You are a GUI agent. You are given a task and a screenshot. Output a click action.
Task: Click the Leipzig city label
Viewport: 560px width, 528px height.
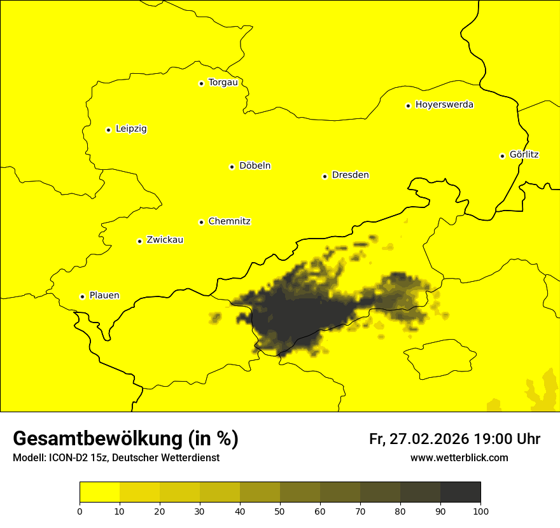tap(131, 129)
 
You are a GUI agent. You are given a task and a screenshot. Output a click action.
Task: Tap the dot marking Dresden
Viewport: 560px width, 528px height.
tap(325, 176)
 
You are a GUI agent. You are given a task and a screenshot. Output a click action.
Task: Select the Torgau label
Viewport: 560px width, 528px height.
tap(223, 83)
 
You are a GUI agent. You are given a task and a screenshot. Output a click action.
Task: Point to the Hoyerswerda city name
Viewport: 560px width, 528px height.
tap(444, 105)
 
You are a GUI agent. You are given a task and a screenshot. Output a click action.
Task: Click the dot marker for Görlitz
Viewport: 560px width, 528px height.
tap(502, 156)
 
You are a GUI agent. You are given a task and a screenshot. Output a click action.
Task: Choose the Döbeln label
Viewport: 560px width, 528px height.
tap(255, 166)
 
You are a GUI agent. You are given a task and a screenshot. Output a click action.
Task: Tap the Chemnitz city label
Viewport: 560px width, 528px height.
tap(229, 221)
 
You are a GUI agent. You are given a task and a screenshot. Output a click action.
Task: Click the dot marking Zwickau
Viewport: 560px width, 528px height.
tap(139, 241)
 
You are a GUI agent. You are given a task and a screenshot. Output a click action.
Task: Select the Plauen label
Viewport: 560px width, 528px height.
tap(104, 296)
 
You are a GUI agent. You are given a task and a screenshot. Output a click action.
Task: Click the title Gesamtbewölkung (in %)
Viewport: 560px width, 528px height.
tap(125, 439)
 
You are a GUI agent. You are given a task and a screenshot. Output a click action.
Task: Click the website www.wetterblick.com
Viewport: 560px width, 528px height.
tap(459, 458)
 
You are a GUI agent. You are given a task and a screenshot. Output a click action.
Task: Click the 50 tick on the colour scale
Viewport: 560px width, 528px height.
tap(280, 511)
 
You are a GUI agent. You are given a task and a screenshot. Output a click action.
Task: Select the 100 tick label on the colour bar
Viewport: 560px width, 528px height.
tap(480, 511)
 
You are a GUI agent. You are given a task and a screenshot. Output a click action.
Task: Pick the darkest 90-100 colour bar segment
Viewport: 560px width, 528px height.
tap(460, 492)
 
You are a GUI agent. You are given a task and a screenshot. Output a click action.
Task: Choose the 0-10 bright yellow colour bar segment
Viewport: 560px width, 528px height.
tap(100, 492)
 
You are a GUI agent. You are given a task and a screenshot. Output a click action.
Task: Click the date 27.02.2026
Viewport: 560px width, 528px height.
tap(430, 439)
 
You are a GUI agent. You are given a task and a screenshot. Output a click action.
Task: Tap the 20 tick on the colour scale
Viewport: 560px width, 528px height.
tap(160, 511)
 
